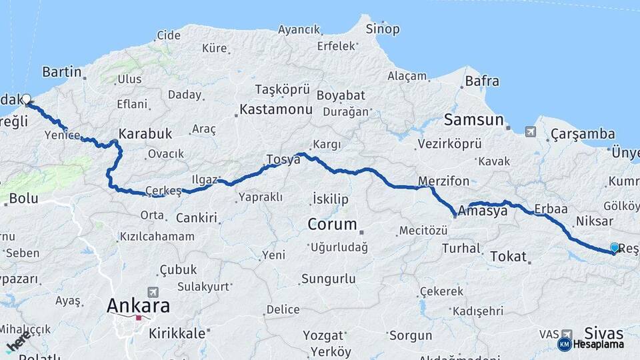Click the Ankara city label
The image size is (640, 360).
[139, 306]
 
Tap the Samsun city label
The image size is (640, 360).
[474, 120]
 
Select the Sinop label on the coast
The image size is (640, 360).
[383, 29]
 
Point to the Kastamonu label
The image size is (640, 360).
[275, 109]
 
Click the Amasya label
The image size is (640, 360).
[484, 211]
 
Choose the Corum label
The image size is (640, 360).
[332, 224]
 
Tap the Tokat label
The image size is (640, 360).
[509, 256]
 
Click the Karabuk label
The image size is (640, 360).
[145, 134]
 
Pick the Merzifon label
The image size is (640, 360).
[444, 181]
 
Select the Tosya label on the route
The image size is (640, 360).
[283, 159]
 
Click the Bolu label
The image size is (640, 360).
[23, 199]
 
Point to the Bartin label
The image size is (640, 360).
[61, 72]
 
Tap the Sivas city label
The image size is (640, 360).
[603, 333]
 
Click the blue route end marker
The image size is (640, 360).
[614, 248]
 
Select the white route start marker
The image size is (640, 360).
[27, 99]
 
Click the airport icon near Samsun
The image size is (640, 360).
[530, 131]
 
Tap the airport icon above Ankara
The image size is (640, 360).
[154, 292]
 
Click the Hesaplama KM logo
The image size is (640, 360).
[591, 344]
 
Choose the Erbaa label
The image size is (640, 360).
[551, 209]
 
